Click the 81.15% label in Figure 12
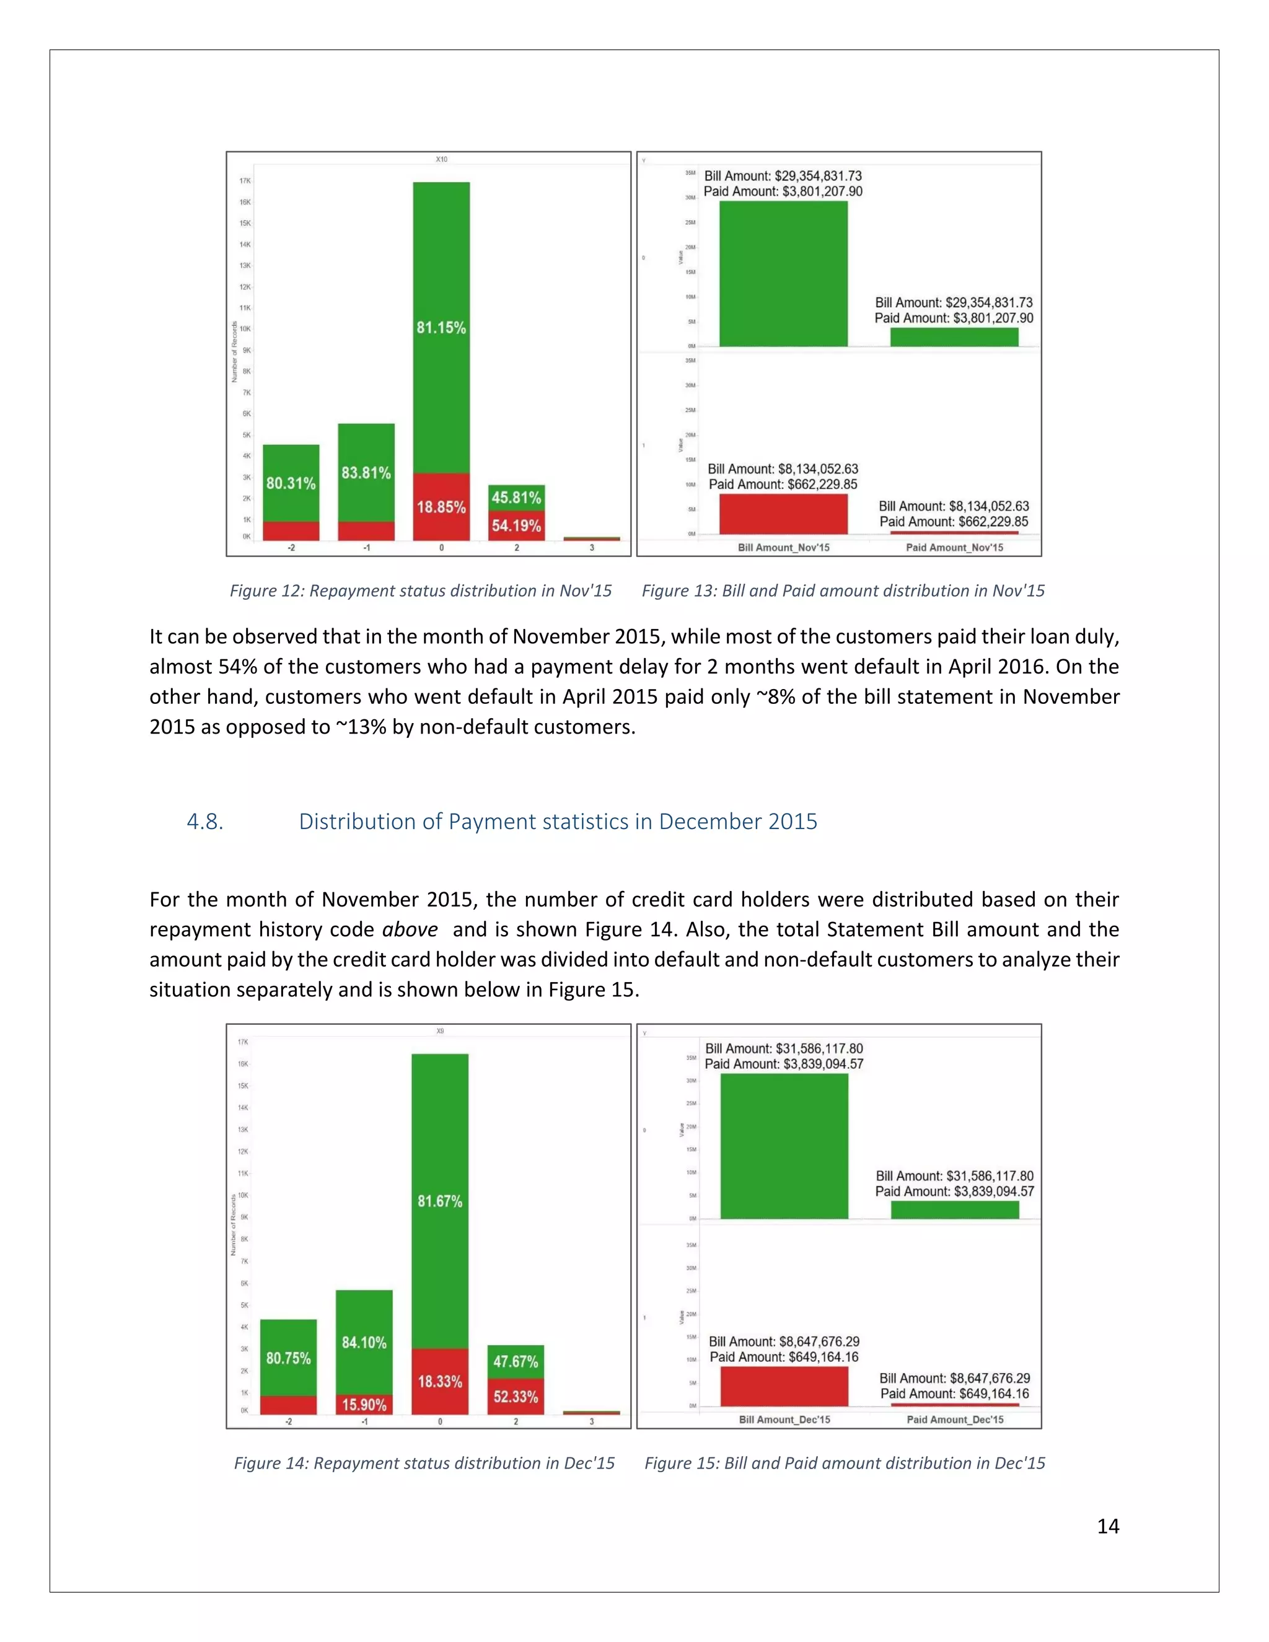click(x=441, y=328)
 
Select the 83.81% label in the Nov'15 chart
click(x=366, y=473)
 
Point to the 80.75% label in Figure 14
click(x=288, y=1358)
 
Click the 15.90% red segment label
click(x=364, y=1405)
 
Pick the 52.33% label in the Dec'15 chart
click(x=515, y=1396)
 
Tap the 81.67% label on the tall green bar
click(x=440, y=1201)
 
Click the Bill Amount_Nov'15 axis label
click(x=783, y=547)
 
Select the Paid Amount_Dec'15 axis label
click(x=955, y=1420)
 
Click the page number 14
click(x=1107, y=1526)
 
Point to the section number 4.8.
click(x=204, y=822)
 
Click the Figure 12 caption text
click(x=420, y=591)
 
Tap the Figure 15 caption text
click(x=845, y=1463)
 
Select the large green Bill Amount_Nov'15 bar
click(x=783, y=274)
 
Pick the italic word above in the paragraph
click(x=410, y=929)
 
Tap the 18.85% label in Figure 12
click(x=441, y=507)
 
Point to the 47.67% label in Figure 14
click(x=515, y=1361)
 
